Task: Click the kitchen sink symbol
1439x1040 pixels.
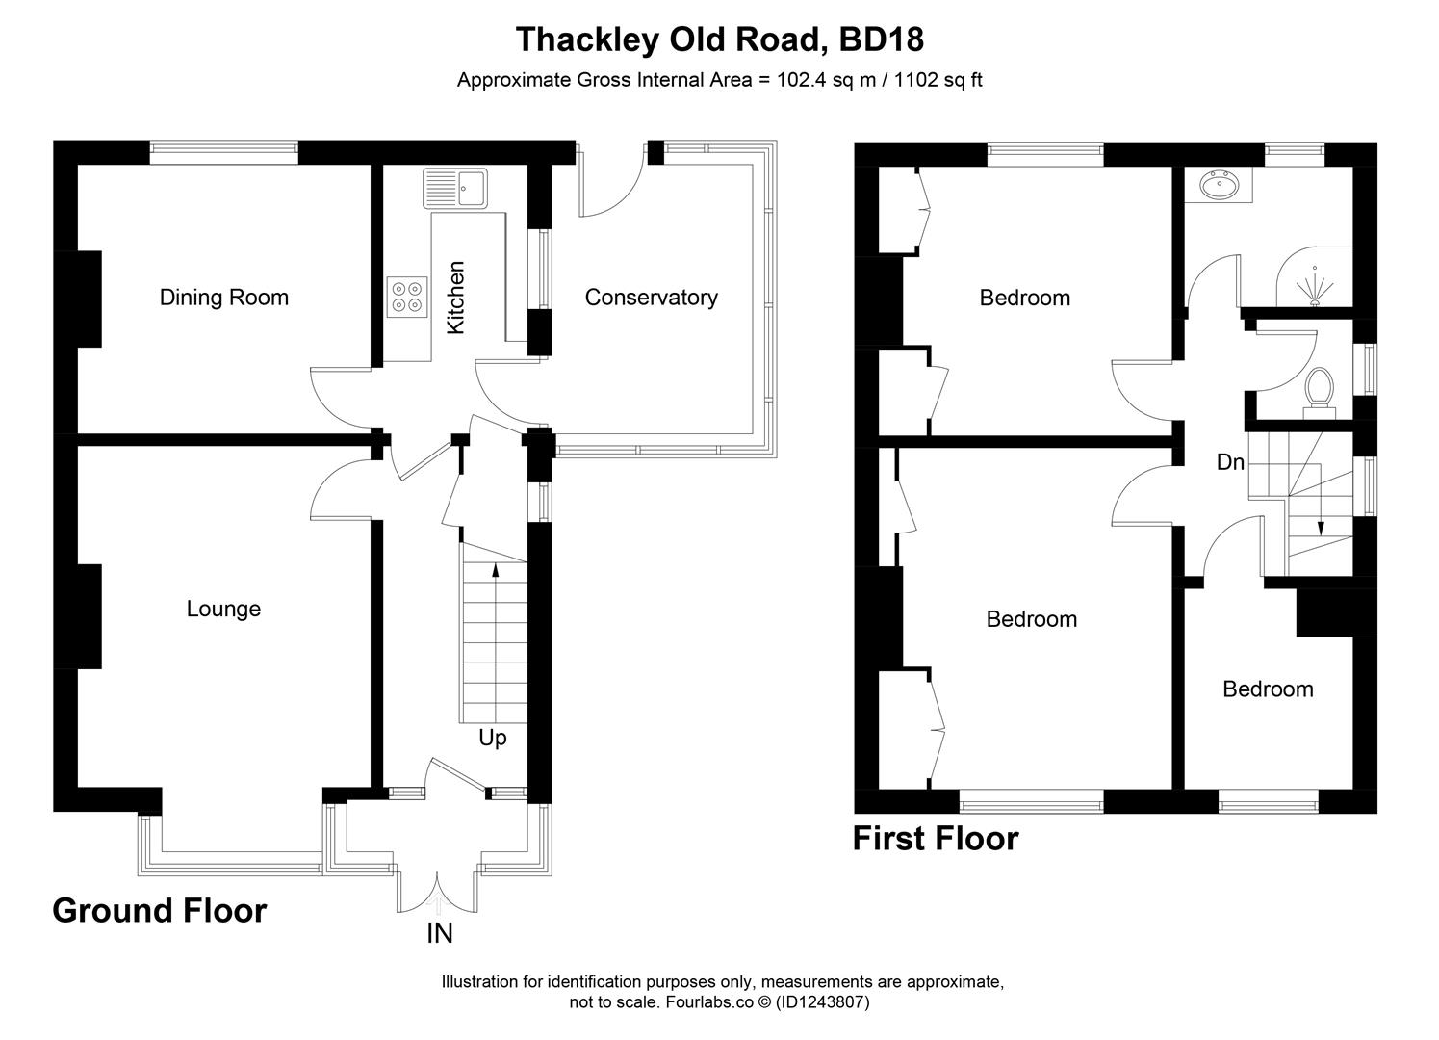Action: [455, 187]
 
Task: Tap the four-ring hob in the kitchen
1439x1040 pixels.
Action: [407, 296]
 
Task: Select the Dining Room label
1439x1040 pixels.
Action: [223, 298]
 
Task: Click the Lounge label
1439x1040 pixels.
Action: [223, 609]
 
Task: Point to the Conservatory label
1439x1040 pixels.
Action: [651, 298]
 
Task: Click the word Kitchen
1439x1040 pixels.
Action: [455, 298]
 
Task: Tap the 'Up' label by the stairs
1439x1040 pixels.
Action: [492, 739]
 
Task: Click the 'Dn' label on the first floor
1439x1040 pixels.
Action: [1230, 462]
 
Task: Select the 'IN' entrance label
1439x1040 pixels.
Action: [439, 933]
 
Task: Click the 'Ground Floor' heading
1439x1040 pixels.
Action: [159, 910]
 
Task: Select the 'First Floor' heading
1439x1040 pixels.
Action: [935, 839]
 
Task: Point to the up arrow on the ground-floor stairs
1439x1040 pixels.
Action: [496, 570]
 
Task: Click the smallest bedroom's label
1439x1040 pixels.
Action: [1268, 689]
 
